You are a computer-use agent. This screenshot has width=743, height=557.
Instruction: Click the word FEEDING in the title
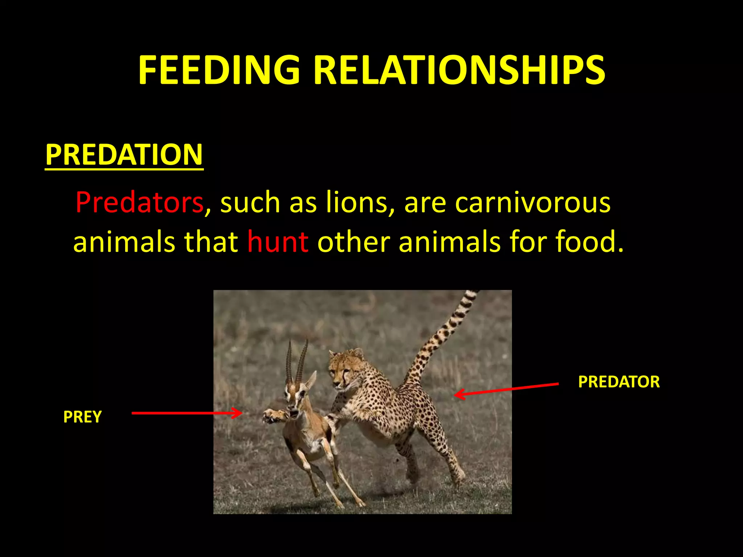click(x=219, y=70)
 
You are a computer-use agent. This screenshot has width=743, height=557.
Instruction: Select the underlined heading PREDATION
click(x=124, y=154)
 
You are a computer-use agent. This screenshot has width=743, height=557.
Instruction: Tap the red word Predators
click(x=139, y=202)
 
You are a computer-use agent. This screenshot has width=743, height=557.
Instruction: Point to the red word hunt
click(x=278, y=242)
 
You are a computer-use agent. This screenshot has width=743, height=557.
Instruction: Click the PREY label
click(x=82, y=417)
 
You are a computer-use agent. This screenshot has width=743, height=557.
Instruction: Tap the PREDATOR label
click(x=619, y=382)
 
